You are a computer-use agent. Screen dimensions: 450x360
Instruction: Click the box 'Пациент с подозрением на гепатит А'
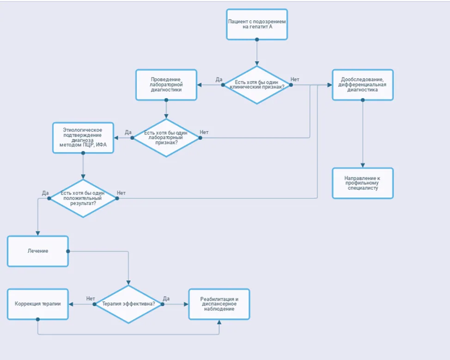coord(257,24)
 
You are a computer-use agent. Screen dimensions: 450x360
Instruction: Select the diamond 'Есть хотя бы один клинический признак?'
coord(257,85)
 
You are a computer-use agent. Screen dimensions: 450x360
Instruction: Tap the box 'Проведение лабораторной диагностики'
coord(166,85)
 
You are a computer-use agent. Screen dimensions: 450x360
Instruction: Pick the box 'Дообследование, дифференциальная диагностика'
coord(363,85)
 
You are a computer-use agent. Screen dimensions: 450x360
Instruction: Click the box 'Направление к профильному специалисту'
coord(363,183)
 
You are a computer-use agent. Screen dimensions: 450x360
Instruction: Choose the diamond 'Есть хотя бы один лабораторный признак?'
coord(166,138)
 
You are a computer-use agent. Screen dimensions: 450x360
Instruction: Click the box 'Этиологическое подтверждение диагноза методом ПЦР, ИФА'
coord(83,138)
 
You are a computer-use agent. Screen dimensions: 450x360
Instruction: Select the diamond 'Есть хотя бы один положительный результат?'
coord(83,198)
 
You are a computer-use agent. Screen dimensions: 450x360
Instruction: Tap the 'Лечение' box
coord(37,251)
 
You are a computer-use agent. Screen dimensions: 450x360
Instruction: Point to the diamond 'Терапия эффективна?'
coord(128,304)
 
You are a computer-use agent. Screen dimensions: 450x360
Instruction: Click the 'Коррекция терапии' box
coord(37,304)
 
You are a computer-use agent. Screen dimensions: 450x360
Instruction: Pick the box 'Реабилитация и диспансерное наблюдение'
coord(219,304)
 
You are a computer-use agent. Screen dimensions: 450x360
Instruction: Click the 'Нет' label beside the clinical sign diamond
coord(295,79)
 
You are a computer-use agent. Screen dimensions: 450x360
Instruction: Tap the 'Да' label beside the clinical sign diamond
coord(219,79)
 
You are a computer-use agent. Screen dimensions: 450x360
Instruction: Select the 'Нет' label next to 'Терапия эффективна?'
coord(91,299)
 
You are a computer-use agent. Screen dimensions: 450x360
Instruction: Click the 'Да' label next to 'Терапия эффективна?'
coord(166,299)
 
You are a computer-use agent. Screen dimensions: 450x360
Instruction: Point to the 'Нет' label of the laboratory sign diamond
coord(204,132)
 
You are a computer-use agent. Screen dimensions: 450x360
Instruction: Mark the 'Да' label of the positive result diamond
coord(45,193)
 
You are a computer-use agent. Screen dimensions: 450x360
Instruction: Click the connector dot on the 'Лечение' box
coord(68,251)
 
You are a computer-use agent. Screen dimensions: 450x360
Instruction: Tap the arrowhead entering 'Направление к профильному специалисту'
coord(363,165)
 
